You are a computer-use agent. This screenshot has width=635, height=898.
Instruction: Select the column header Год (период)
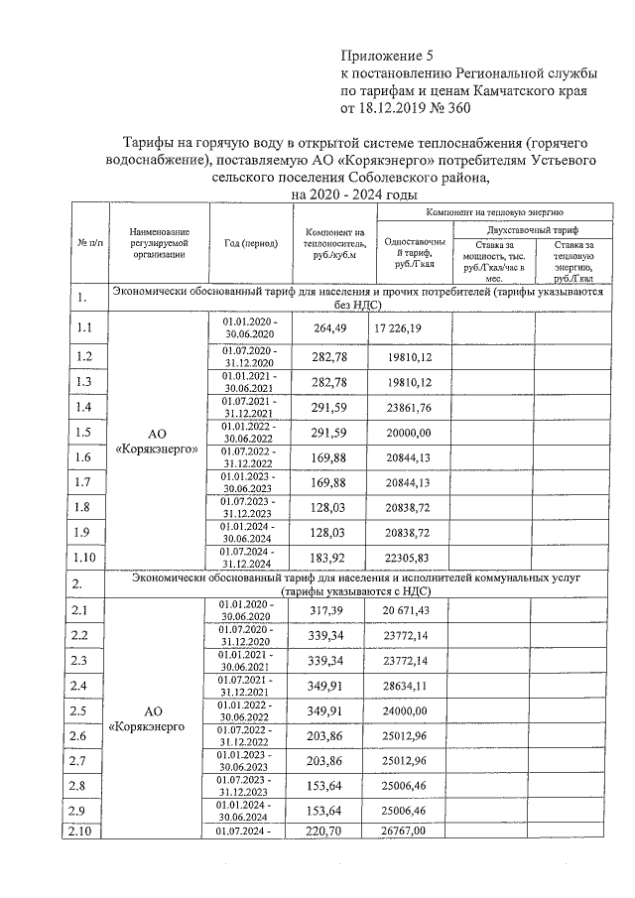(251, 242)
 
